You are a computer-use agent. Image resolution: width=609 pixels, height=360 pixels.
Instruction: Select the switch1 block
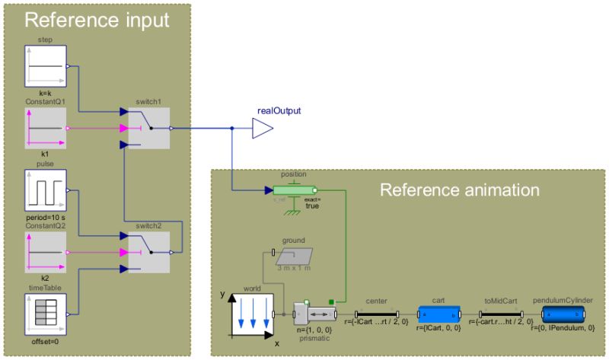[148, 129]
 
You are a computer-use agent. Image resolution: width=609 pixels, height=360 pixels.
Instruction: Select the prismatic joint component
[317, 313]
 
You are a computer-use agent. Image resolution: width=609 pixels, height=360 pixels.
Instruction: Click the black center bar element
[377, 313]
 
